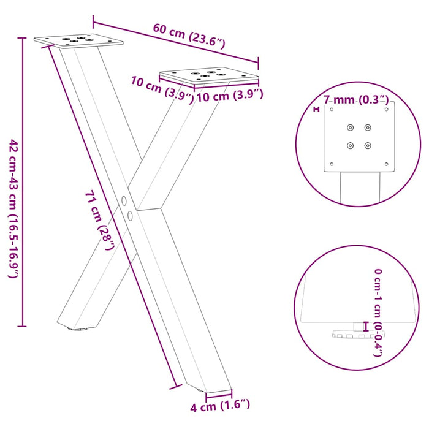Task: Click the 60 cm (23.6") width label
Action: point(189,36)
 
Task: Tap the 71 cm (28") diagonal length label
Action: point(99,221)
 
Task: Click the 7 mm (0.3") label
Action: point(356,99)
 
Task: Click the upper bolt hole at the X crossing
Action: point(124,200)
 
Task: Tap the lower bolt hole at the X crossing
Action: point(130,214)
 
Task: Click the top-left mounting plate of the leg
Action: point(79,40)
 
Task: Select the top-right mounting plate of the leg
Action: point(208,76)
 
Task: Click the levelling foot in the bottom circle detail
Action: point(350,335)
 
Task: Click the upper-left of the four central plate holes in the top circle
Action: point(350,127)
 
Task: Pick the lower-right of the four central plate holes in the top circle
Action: point(368,145)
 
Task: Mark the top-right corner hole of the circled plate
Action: point(387,110)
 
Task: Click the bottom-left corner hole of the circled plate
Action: point(331,164)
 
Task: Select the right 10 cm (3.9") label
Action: point(230,96)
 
